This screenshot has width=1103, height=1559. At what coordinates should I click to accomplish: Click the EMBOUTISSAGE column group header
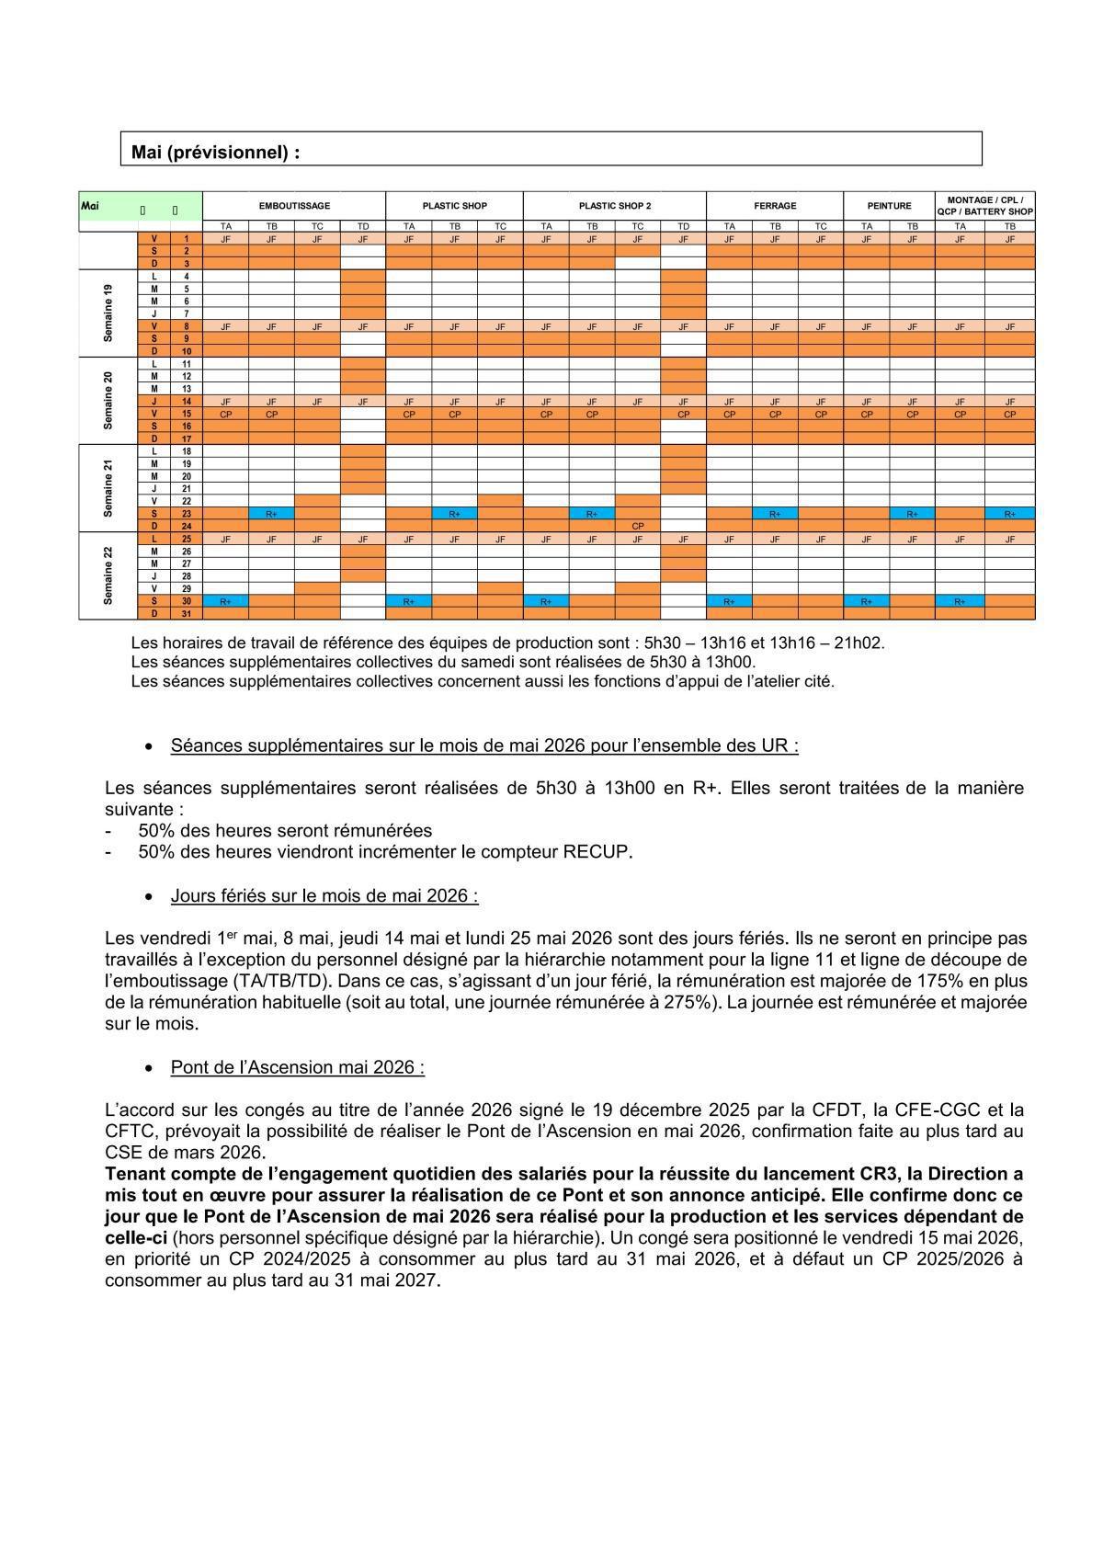[294, 206]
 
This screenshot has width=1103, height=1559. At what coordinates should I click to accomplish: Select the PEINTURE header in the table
[889, 206]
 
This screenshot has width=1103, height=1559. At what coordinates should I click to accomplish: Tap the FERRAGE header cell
[775, 206]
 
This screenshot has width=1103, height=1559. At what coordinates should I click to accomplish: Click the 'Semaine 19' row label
[108, 313]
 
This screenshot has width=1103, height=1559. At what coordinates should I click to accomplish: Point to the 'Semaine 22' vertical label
[108, 575]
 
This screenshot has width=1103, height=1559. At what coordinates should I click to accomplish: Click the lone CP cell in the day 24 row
[638, 526]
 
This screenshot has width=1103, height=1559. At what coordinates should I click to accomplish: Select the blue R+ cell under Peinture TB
[912, 514]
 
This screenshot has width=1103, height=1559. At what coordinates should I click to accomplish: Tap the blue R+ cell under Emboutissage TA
[225, 601]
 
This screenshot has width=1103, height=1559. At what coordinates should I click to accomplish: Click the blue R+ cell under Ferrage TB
[775, 514]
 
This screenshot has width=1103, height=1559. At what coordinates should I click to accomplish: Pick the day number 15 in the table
[186, 414]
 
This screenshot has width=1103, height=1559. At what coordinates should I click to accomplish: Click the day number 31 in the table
[186, 613]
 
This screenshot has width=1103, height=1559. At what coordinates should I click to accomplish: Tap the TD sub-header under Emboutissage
[362, 226]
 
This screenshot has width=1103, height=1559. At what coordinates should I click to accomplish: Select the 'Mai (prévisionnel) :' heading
[216, 153]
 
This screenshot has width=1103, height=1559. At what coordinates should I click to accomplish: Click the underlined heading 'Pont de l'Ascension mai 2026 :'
[297, 1067]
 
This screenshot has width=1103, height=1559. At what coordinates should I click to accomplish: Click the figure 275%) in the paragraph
[689, 1002]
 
